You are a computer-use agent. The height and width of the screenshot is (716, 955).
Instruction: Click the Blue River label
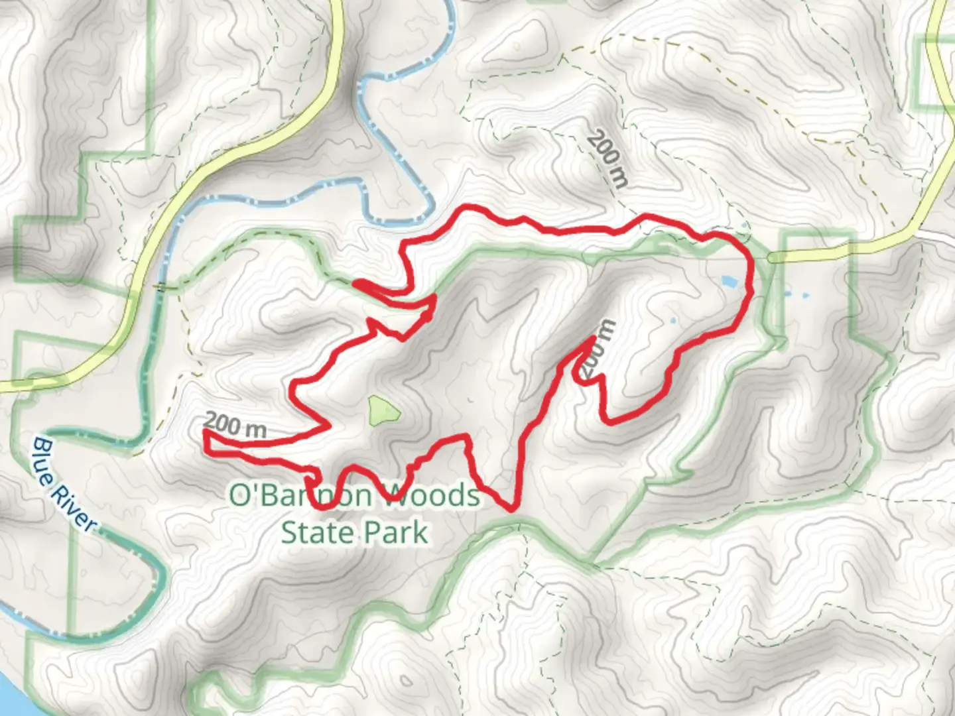(64, 484)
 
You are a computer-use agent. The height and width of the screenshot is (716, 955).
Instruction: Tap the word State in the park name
(316, 532)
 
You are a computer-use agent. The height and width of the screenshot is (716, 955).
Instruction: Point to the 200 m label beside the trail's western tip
(235, 426)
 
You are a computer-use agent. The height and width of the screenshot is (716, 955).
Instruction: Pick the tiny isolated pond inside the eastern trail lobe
(673, 322)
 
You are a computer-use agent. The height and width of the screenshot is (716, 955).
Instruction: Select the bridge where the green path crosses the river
(160, 286)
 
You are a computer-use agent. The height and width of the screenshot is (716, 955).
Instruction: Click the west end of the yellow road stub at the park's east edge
(771, 257)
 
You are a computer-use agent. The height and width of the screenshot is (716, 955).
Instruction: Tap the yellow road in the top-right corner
(940, 40)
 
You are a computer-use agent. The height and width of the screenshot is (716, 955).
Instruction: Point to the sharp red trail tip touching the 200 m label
(591, 339)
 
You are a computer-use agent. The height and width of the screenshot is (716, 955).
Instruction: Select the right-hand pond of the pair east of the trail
(806, 295)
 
